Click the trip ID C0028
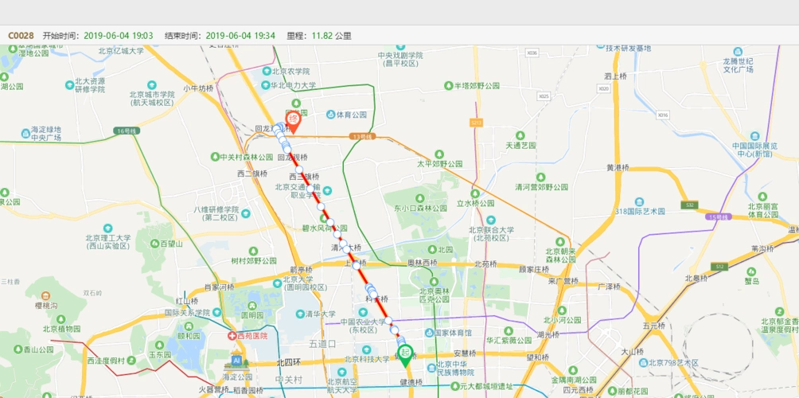point(21,35)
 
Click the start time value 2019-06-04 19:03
point(119,35)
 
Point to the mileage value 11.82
point(322,35)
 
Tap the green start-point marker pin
point(405,353)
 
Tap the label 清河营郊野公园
point(541,187)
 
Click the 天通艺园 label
point(520,146)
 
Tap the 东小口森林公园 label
point(423,208)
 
